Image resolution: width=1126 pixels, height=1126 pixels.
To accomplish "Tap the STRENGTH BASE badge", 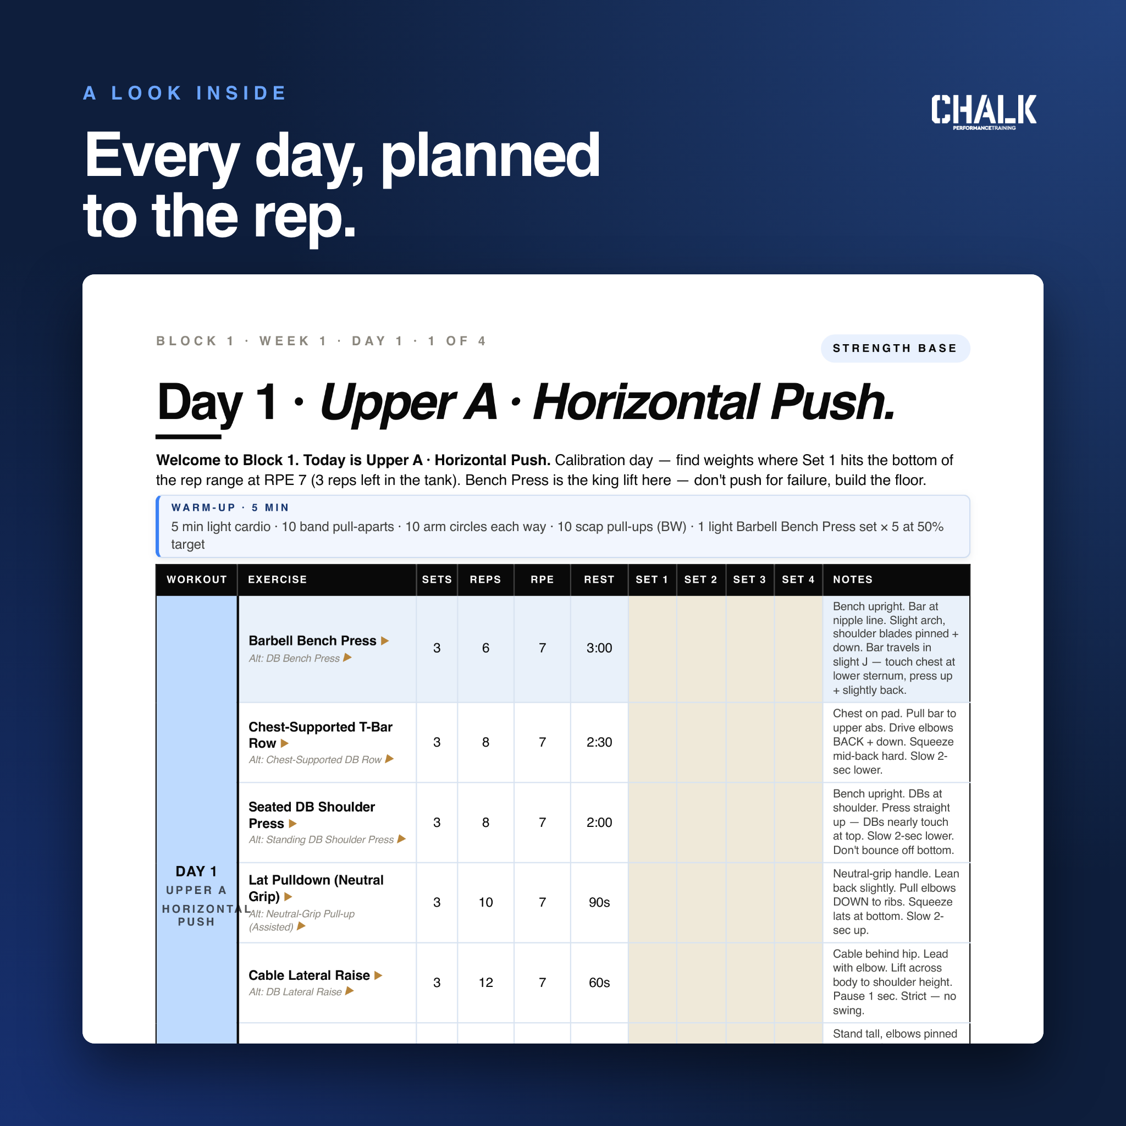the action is pyautogui.click(x=895, y=349).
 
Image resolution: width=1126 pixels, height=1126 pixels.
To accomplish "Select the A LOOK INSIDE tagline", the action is pyautogui.click(x=185, y=93).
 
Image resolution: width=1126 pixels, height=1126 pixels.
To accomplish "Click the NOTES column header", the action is pyautogui.click(x=853, y=579).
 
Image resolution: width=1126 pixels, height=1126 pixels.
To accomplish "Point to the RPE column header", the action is pyautogui.click(x=542, y=579).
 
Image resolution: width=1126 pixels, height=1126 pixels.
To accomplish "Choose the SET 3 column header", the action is pyautogui.click(x=749, y=579).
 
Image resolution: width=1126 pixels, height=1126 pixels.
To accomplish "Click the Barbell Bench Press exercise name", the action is pyautogui.click(x=312, y=641).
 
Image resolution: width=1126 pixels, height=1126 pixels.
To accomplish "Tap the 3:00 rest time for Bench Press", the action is pyautogui.click(x=599, y=648).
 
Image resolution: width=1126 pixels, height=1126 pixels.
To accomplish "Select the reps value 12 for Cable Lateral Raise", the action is pyautogui.click(x=485, y=983).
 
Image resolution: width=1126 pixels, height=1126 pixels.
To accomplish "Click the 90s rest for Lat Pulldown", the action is pyautogui.click(x=599, y=902).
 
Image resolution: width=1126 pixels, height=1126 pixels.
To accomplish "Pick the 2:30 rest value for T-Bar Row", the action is pyautogui.click(x=599, y=742).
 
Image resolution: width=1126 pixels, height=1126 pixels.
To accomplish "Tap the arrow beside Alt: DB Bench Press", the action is pyautogui.click(x=347, y=658).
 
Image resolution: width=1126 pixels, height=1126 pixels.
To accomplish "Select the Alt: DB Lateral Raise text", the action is pyautogui.click(x=295, y=992).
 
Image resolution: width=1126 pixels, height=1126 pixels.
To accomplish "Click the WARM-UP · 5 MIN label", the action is pyautogui.click(x=230, y=507).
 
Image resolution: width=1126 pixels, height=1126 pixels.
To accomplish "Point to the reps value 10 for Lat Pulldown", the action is pyautogui.click(x=485, y=902).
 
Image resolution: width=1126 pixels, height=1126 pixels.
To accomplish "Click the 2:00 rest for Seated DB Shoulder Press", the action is pyautogui.click(x=599, y=823).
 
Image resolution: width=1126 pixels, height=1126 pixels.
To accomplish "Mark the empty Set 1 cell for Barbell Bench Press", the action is pyautogui.click(x=652, y=649).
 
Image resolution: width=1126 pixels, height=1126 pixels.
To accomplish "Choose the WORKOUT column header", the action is pyautogui.click(x=196, y=579).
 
